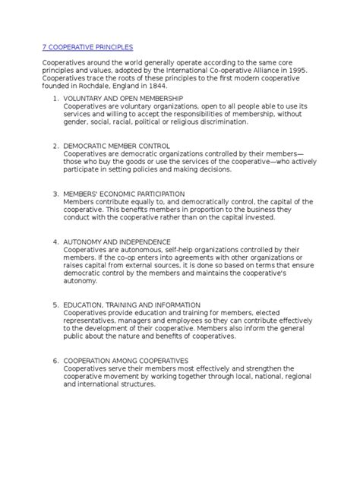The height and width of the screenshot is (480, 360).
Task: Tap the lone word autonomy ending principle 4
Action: (80, 281)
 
